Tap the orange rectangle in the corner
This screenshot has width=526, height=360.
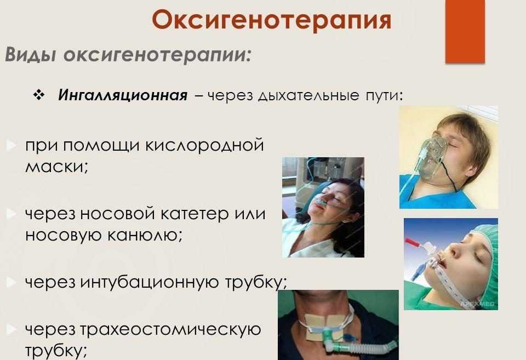point(465,31)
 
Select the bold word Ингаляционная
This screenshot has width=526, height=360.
point(122,95)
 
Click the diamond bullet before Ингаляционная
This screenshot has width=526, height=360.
point(39,95)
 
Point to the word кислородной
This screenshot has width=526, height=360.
point(205,146)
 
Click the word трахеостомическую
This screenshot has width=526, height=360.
point(170,330)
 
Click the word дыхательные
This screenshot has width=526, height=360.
point(308,96)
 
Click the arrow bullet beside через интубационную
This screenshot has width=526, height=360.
point(11,282)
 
